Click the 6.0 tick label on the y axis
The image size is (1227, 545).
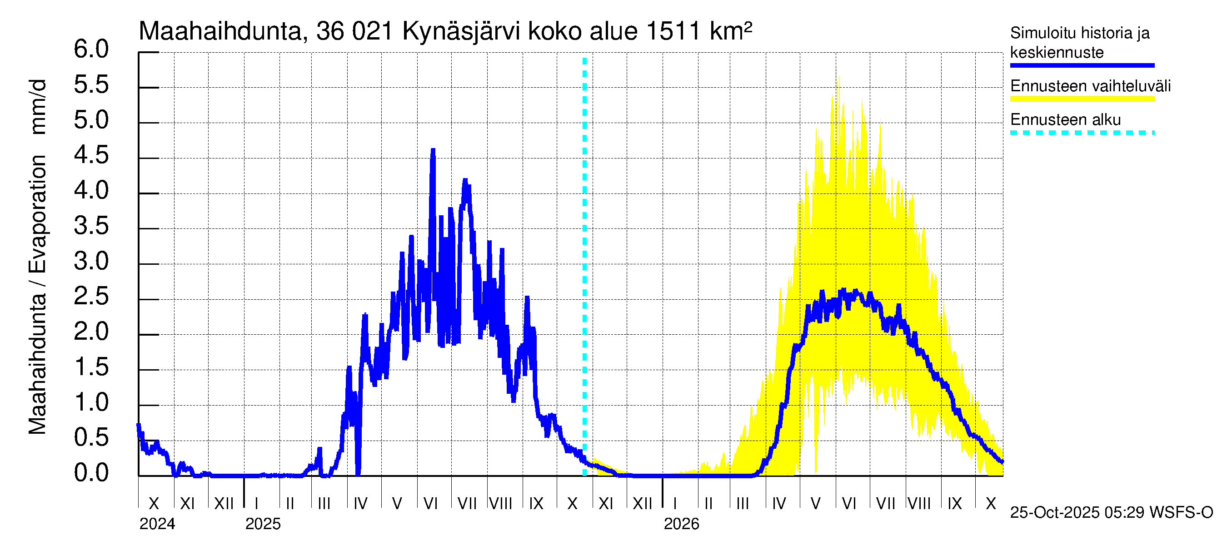[91, 50]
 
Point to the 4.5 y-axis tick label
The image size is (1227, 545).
[91, 156]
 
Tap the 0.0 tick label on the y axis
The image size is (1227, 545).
[91, 473]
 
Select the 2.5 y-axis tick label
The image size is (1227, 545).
[91, 297]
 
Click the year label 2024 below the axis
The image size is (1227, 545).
[157, 524]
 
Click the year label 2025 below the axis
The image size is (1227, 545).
[263, 524]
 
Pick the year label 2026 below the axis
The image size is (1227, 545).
[682, 524]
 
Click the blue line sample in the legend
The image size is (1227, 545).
[1082, 65]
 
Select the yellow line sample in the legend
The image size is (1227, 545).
[1082, 99]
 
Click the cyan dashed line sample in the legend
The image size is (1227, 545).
[1082, 133]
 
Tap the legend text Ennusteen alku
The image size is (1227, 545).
[1066, 119]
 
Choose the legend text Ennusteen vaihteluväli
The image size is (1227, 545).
[1090, 86]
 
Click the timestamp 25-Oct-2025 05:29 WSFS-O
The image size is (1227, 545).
[1111, 513]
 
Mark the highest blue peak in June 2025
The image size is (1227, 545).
[433, 151]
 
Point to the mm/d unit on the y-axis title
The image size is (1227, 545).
[38, 107]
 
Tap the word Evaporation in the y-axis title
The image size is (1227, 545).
[38, 214]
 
